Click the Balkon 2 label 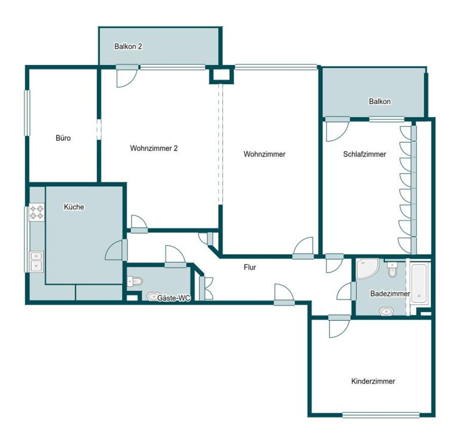[x=128, y=46]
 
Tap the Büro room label [x=63, y=138]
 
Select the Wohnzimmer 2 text [x=154, y=148]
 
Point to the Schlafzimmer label [x=364, y=154]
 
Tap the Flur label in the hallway [x=250, y=267]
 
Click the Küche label [x=74, y=207]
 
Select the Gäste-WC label [x=174, y=298]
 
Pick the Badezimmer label [x=390, y=294]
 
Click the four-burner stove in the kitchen [x=37, y=212]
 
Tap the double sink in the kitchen [x=36, y=261]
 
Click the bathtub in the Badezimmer [x=419, y=283]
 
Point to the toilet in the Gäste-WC [x=135, y=281]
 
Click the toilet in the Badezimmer [x=392, y=269]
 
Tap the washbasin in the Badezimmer [x=386, y=312]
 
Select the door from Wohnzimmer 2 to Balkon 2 [x=127, y=76]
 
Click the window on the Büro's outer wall [x=28, y=113]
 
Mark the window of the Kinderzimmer [x=381, y=415]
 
